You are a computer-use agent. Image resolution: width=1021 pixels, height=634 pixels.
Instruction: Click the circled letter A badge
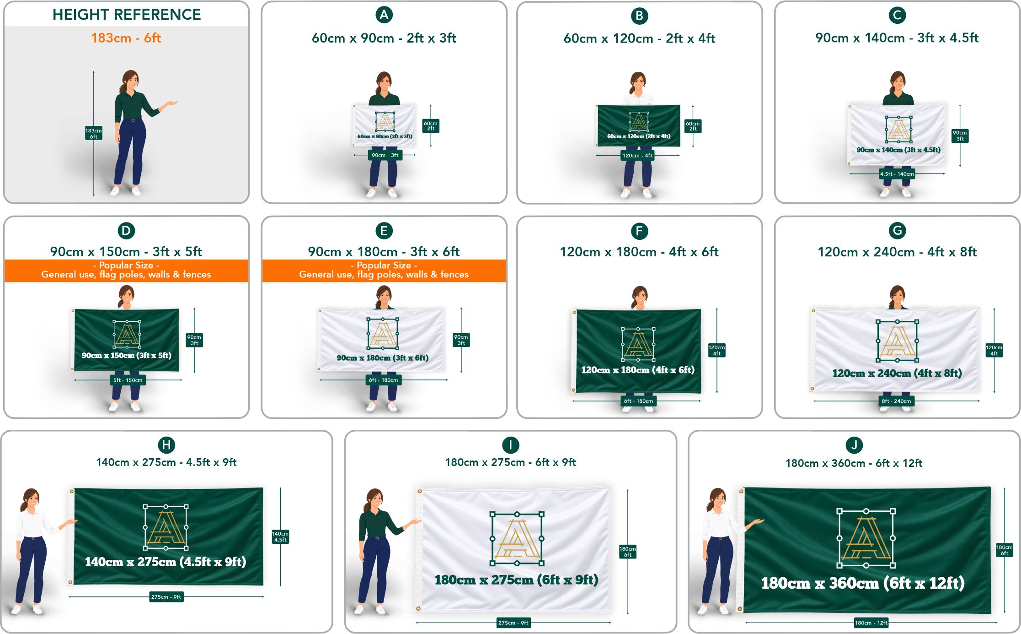(384, 15)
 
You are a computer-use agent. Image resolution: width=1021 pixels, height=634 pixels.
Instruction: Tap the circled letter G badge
(897, 230)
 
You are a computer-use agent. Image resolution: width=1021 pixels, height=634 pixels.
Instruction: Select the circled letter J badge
(854, 445)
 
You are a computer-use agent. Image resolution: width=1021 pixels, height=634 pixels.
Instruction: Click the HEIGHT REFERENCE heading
(127, 15)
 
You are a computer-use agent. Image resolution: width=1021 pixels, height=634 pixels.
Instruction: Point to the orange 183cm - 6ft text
(126, 38)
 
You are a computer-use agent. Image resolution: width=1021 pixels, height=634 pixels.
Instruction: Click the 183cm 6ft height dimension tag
(93, 133)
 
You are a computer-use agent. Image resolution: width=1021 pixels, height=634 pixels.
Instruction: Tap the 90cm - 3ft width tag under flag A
(385, 155)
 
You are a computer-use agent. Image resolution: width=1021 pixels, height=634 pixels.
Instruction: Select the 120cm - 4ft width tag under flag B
(637, 156)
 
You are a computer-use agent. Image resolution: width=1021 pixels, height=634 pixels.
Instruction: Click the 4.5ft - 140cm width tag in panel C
(897, 174)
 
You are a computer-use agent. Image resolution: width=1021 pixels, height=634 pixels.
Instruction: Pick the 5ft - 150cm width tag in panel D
(128, 380)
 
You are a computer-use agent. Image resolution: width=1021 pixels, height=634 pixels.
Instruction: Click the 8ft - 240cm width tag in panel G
(896, 401)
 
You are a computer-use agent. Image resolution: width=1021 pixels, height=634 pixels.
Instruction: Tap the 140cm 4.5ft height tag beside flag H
(280, 537)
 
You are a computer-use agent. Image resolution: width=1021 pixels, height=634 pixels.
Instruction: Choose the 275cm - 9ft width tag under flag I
(513, 623)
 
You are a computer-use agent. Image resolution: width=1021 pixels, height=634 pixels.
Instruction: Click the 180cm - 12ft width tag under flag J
(871, 623)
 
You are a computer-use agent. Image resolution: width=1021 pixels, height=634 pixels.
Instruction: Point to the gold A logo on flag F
(638, 344)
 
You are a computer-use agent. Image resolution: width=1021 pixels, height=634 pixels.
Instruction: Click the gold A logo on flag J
(866, 538)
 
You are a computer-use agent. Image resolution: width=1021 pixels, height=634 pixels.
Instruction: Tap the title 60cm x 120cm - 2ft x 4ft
(639, 38)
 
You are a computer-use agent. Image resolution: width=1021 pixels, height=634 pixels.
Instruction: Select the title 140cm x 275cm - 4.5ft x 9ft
(166, 462)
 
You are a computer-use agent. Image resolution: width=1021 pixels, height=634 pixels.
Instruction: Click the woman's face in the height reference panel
(132, 82)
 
